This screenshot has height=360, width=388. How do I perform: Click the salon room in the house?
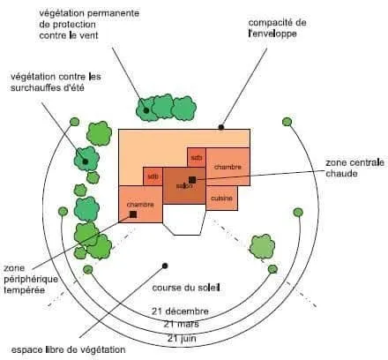tap(184, 185)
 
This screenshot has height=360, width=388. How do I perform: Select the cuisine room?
tap(221, 198)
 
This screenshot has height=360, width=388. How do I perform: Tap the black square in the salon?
tap(192, 180)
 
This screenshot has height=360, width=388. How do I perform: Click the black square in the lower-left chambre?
tap(133, 214)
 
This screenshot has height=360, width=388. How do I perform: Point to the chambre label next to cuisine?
tap(228, 167)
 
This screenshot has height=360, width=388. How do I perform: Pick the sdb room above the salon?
tap(197, 157)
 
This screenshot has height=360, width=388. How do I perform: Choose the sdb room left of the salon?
tap(153, 176)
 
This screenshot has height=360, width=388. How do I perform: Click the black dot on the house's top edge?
tap(221, 127)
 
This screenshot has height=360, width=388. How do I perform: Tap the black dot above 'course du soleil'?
tap(165, 266)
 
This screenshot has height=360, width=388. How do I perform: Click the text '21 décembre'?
tap(180, 311)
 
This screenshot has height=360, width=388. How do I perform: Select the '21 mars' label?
tap(182, 324)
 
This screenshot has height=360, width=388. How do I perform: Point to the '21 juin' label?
tap(182, 338)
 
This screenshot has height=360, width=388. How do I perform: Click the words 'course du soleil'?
tap(186, 288)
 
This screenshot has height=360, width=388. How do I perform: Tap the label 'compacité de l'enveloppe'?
tap(277, 28)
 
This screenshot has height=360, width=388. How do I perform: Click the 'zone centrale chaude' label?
tap(354, 168)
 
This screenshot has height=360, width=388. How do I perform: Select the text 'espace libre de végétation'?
tap(68, 350)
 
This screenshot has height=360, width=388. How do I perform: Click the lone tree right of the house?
tap(262, 246)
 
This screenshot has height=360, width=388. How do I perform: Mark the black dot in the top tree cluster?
tap(145, 110)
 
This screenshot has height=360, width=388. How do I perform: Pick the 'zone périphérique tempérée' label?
tap(31, 279)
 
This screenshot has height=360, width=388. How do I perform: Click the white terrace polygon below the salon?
tap(184, 219)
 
